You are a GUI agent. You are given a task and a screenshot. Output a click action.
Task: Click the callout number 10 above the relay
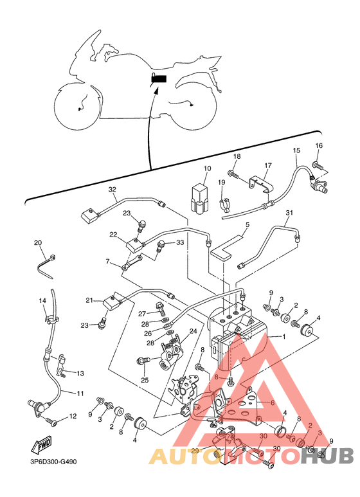click(207, 168)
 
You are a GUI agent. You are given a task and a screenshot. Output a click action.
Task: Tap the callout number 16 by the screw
click(319, 145)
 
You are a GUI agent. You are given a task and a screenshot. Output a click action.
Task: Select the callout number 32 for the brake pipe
click(113, 190)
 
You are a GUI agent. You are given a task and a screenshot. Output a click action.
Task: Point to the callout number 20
click(38, 243)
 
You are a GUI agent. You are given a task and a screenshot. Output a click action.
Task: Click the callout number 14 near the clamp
click(42, 300)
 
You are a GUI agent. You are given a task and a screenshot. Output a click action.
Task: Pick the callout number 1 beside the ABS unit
click(284, 337)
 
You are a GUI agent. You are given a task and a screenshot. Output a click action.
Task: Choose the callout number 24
click(193, 331)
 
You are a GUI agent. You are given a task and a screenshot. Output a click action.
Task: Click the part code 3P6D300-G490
click(51, 462)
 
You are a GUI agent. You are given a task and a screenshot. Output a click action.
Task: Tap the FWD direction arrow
click(41, 446)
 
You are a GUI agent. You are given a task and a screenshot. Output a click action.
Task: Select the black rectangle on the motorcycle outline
click(159, 79)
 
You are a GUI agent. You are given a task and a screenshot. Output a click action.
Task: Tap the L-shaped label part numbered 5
click(225, 248)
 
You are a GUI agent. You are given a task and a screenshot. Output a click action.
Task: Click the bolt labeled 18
click(233, 174)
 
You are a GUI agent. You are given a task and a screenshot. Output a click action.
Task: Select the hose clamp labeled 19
click(224, 205)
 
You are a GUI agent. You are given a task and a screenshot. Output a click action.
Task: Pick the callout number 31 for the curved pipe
click(289, 213)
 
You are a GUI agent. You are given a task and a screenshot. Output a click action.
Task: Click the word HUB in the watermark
click(327, 456)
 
